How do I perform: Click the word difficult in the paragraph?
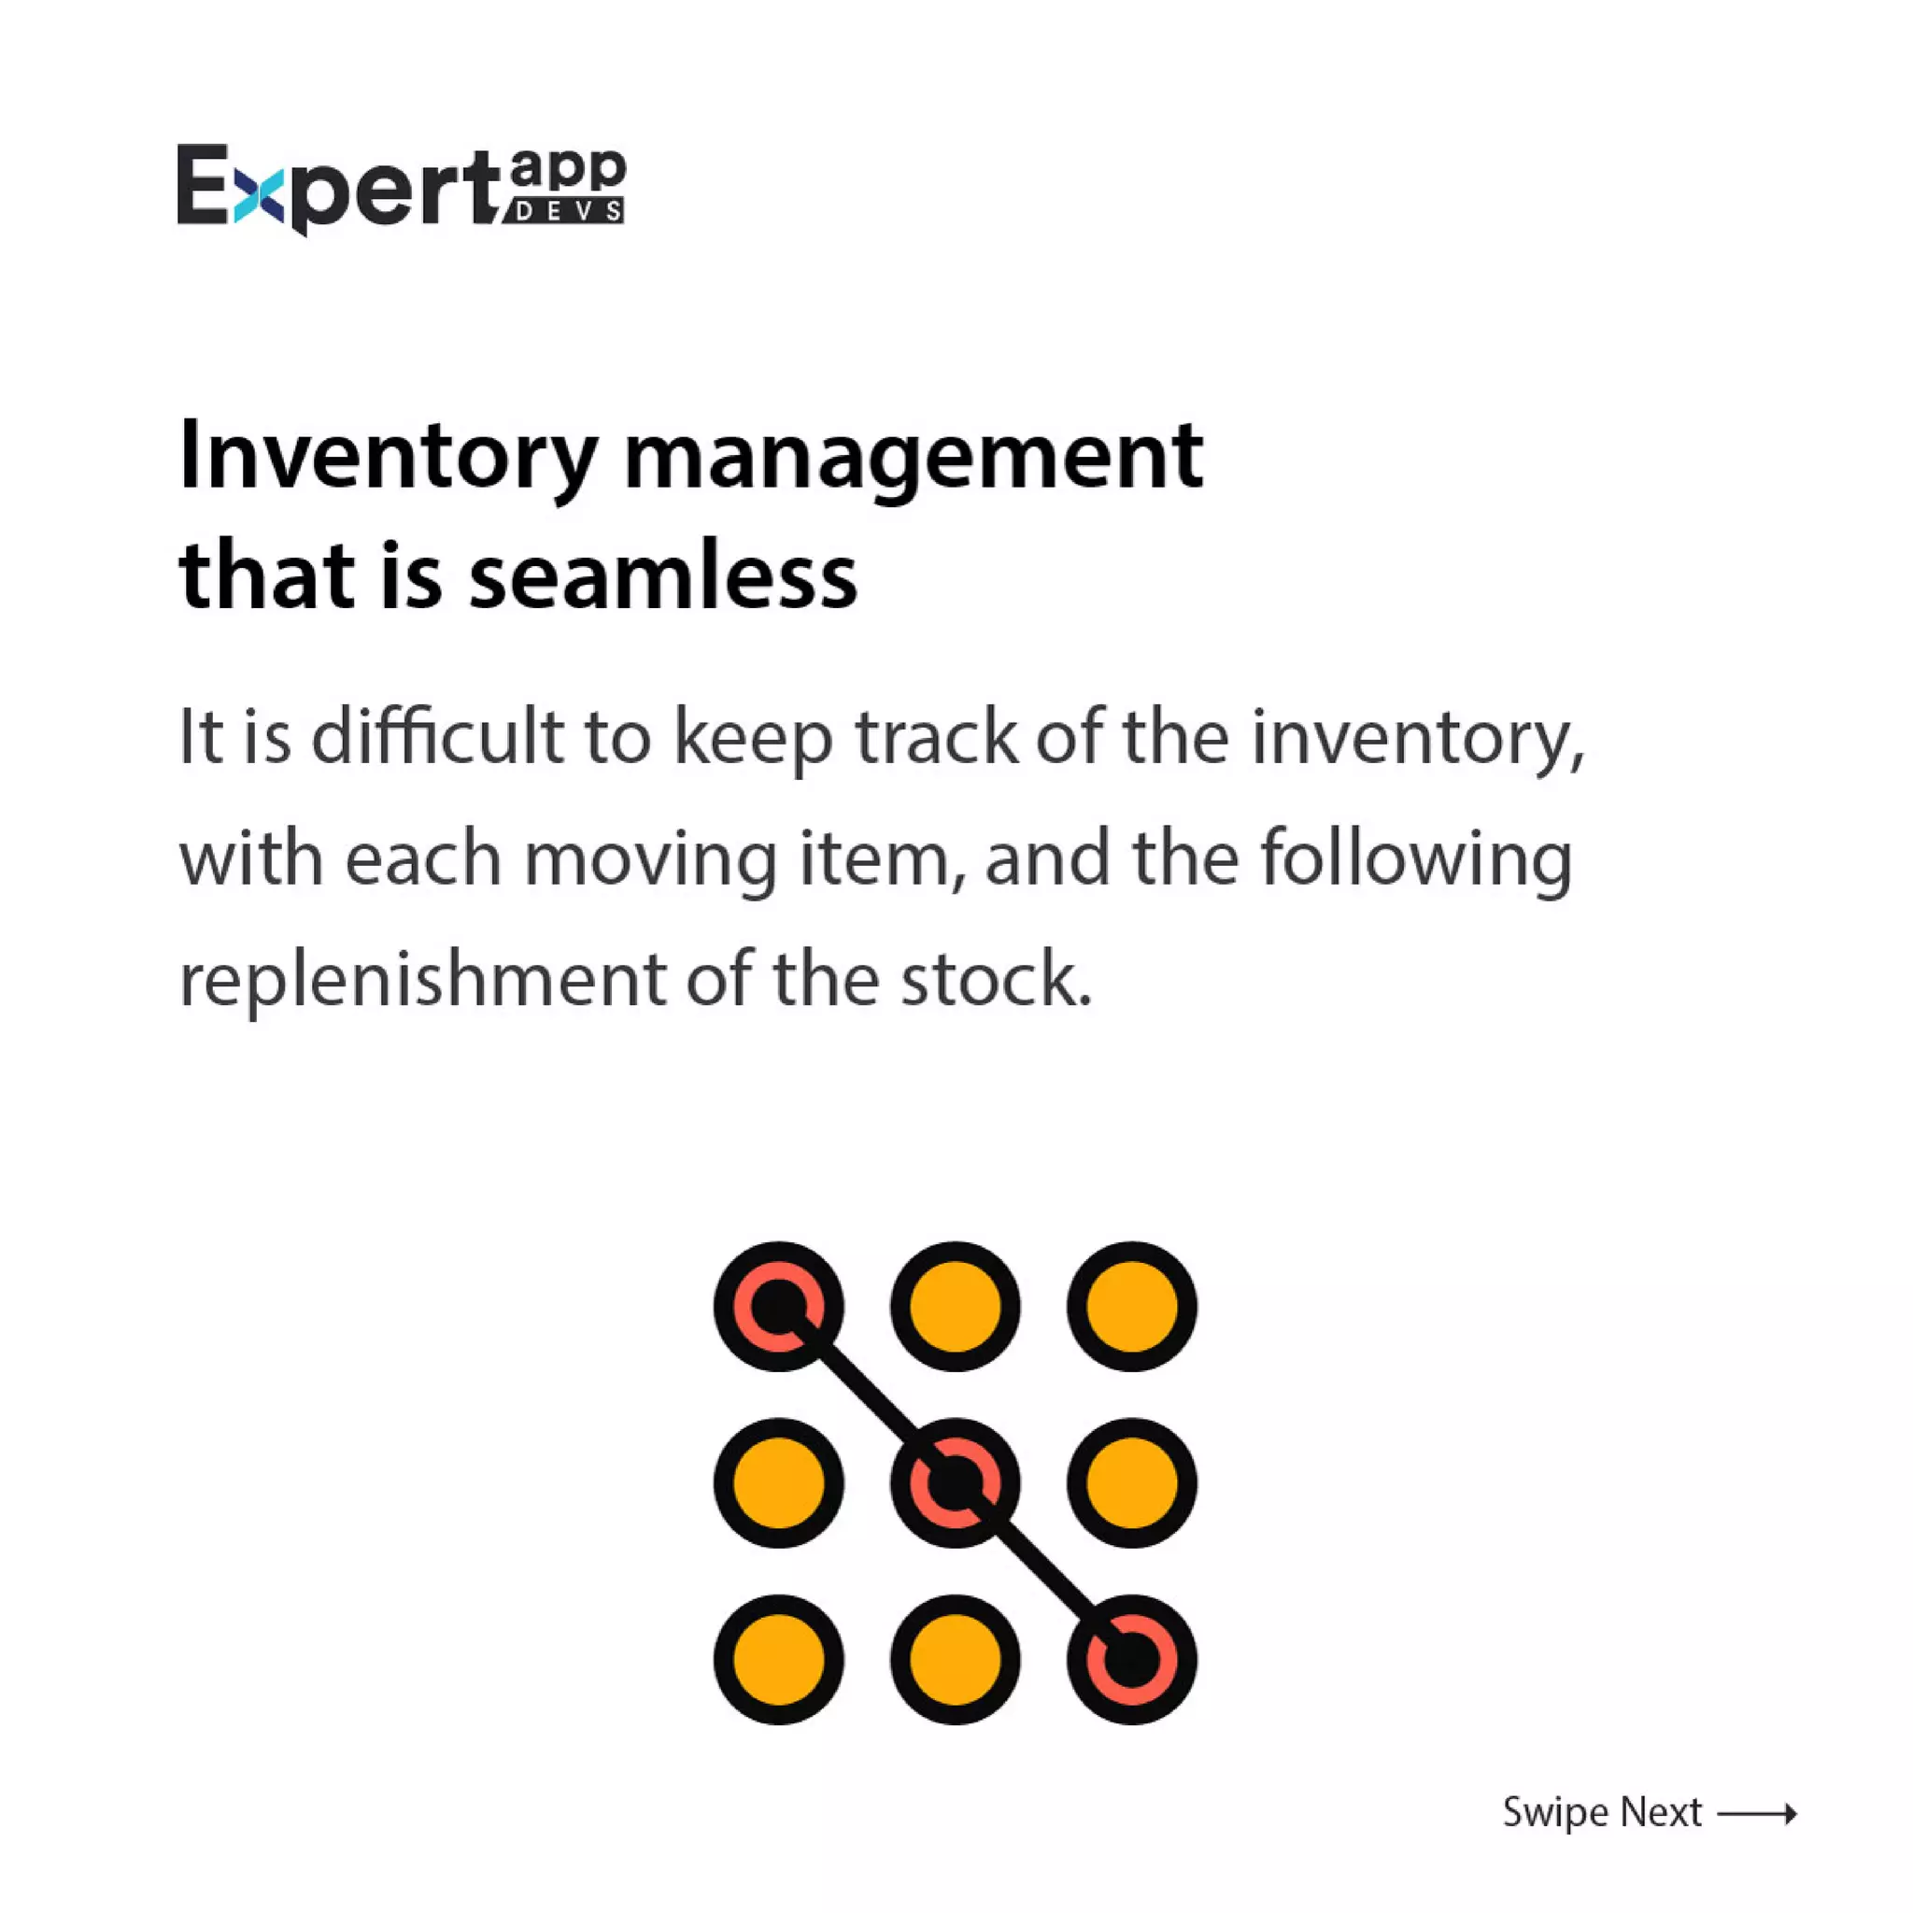(436, 738)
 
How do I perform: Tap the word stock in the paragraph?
(995, 979)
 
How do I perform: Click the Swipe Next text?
(1602, 1813)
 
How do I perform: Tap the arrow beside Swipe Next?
(1758, 1814)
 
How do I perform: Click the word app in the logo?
(567, 170)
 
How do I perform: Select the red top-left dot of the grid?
(778, 1306)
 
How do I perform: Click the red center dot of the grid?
(955, 1482)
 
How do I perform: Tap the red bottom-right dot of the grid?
(1132, 1660)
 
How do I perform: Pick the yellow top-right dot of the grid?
(1132, 1306)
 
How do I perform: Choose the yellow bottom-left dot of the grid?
(778, 1660)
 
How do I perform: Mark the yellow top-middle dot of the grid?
(955, 1306)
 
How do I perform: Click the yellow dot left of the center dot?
(778, 1482)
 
